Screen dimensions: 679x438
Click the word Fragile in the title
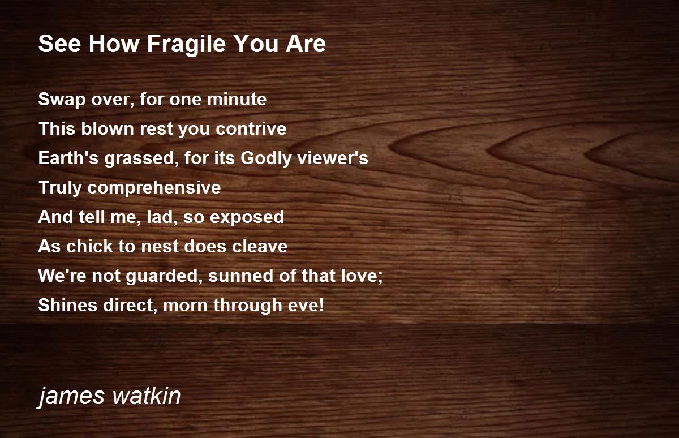pyautogui.click(x=186, y=45)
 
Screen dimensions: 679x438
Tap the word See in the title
pyautogui.click(x=60, y=44)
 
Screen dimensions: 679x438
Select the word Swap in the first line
pyautogui.click(x=62, y=100)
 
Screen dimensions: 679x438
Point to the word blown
pyautogui.click(x=108, y=128)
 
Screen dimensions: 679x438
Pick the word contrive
pyautogui.click(x=251, y=128)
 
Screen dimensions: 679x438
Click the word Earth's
pyautogui.click(x=68, y=158)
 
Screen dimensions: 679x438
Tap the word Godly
pyautogui.click(x=266, y=158)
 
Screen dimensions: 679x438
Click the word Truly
pyautogui.click(x=61, y=188)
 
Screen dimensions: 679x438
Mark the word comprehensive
pyautogui.click(x=154, y=188)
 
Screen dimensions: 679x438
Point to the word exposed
pyautogui.click(x=247, y=217)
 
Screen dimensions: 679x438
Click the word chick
pyautogui.click(x=89, y=246)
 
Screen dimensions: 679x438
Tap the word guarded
pyautogui.click(x=164, y=276)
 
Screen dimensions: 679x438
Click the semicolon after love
pyautogui.click(x=380, y=277)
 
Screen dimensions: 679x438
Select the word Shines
pyautogui.click(x=67, y=304)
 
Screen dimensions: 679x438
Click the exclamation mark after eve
pyautogui.click(x=321, y=304)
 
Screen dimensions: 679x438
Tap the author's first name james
pyautogui.click(x=71, y=397)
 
